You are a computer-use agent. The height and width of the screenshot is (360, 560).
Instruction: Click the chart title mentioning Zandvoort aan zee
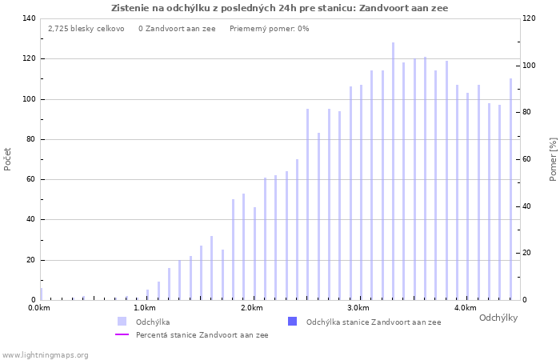click(x=280, y=8)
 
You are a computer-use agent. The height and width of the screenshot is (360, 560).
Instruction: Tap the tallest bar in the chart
click(x=393, y=171)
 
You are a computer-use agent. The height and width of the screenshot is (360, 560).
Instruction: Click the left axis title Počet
click(x=8, y=158)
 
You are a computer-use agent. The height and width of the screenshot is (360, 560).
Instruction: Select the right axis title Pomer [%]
click(x=553, y=158)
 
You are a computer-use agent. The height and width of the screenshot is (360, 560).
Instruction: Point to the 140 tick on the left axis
click(x=29, y=18)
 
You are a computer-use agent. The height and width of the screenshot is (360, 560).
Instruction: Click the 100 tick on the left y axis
click(x=29, y=99)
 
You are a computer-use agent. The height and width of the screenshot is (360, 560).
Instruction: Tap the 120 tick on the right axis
click(x=530, y=18)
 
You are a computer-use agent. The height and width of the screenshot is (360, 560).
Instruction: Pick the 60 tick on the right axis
click(x=528, y=159)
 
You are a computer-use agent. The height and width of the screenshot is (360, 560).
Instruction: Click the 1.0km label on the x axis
click(x=145, y=308)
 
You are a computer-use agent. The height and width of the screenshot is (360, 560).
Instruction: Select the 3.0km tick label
click(x=358, y=308)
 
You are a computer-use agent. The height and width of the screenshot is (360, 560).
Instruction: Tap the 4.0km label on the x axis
click(x=465, y=308)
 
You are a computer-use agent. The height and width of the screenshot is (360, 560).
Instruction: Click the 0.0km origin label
click(x=39, y=308)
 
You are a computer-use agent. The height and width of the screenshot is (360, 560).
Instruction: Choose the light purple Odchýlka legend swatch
click(x=122, y=322)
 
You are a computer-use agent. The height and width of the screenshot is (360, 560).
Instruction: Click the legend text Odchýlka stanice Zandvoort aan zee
click(x=374, y=322)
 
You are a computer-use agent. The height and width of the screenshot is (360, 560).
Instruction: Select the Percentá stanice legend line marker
click(x=122, y=335)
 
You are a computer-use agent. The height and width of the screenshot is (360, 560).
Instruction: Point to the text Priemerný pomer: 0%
click(x=269, y=29)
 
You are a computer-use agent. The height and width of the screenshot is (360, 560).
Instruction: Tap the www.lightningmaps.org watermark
click(x=46, y=354)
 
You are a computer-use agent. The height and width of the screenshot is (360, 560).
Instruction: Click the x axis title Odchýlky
click(x=498, y=318)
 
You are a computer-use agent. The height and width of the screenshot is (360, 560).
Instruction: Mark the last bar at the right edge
click(x=510, y=189)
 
